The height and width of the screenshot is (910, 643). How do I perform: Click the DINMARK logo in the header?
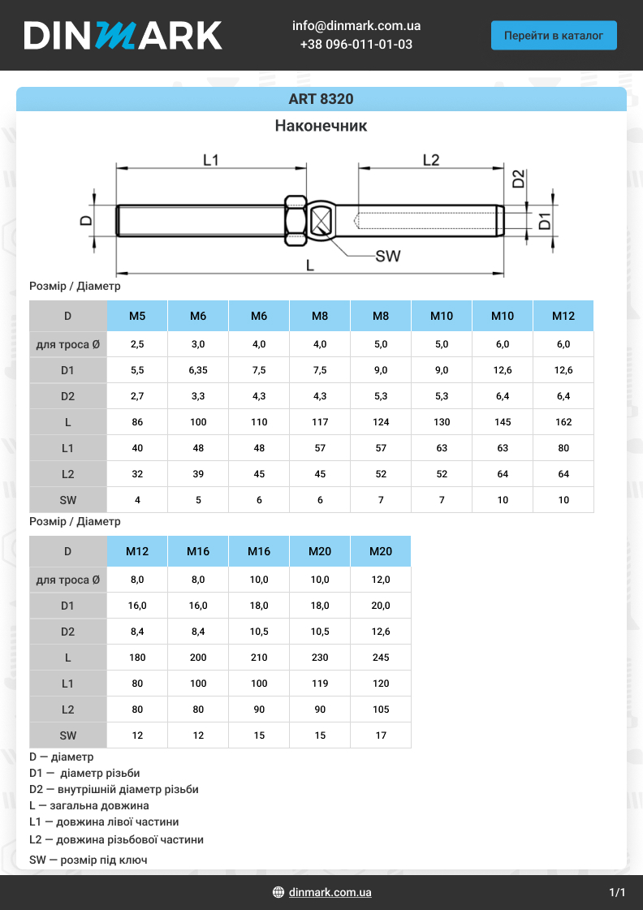click(x=123, y=36)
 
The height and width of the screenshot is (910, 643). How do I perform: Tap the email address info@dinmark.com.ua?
click(x=356, y=26)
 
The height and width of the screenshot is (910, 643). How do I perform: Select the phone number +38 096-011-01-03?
click(x=356, y=45)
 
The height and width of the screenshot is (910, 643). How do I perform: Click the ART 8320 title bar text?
click(x=321, y=99)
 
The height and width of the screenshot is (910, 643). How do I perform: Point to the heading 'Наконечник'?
click(x=321, y=126)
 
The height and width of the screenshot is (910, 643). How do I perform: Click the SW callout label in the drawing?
click(x=388, y=257)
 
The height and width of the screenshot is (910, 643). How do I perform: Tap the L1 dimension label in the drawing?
click(x=211, y=160)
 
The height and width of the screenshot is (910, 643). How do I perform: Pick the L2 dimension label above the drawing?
click(x=431, y=160)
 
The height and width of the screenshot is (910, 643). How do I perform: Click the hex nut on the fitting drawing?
click(x=295, y=220)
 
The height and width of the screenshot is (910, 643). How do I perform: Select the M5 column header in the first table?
click(x=137, y=316)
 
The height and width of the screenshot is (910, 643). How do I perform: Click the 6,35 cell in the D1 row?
click(x=198, y=370)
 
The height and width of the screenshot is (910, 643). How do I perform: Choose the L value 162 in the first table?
click(x=563, y=422)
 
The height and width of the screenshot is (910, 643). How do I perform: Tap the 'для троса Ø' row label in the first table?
click(x=68, y=344)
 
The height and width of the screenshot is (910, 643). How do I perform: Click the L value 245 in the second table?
click(x=381, y=658)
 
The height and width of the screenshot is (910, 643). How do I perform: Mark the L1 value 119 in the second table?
click(x=320, y=684)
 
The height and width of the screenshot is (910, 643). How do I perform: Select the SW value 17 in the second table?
click(x=381, y=735)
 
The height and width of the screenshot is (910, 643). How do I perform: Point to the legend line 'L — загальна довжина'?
click(x=89, y=806)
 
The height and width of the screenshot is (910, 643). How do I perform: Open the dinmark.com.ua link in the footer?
click(x=330, y=892)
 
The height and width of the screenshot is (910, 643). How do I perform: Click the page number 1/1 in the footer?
click(x=617, y=892)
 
